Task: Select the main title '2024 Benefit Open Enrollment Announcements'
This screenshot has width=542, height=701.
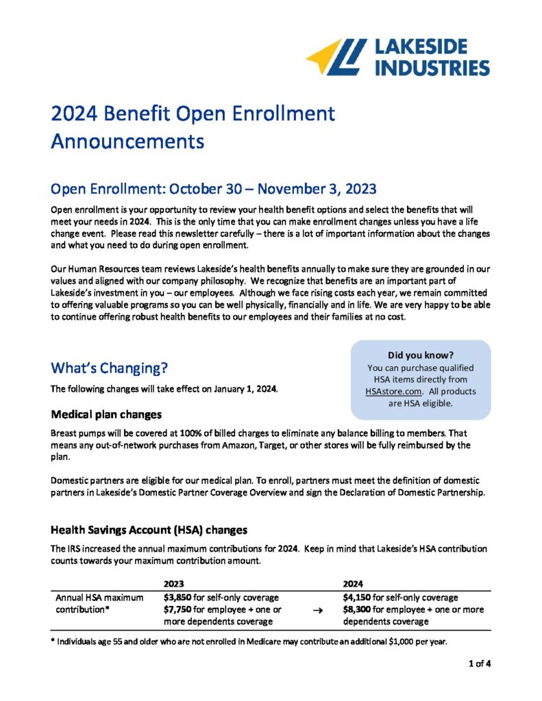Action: pos(193,127)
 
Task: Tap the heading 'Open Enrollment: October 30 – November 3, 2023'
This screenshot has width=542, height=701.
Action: pos(214,188)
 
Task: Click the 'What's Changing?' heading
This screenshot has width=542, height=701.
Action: pos(110,368)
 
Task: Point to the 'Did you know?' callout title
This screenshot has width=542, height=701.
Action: pos(421,355)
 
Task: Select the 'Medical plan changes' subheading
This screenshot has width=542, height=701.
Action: pos(106,414)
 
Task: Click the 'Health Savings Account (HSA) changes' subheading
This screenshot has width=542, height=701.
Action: pos(149,529)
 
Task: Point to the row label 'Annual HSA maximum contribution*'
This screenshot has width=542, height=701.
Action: pos(99,603)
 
